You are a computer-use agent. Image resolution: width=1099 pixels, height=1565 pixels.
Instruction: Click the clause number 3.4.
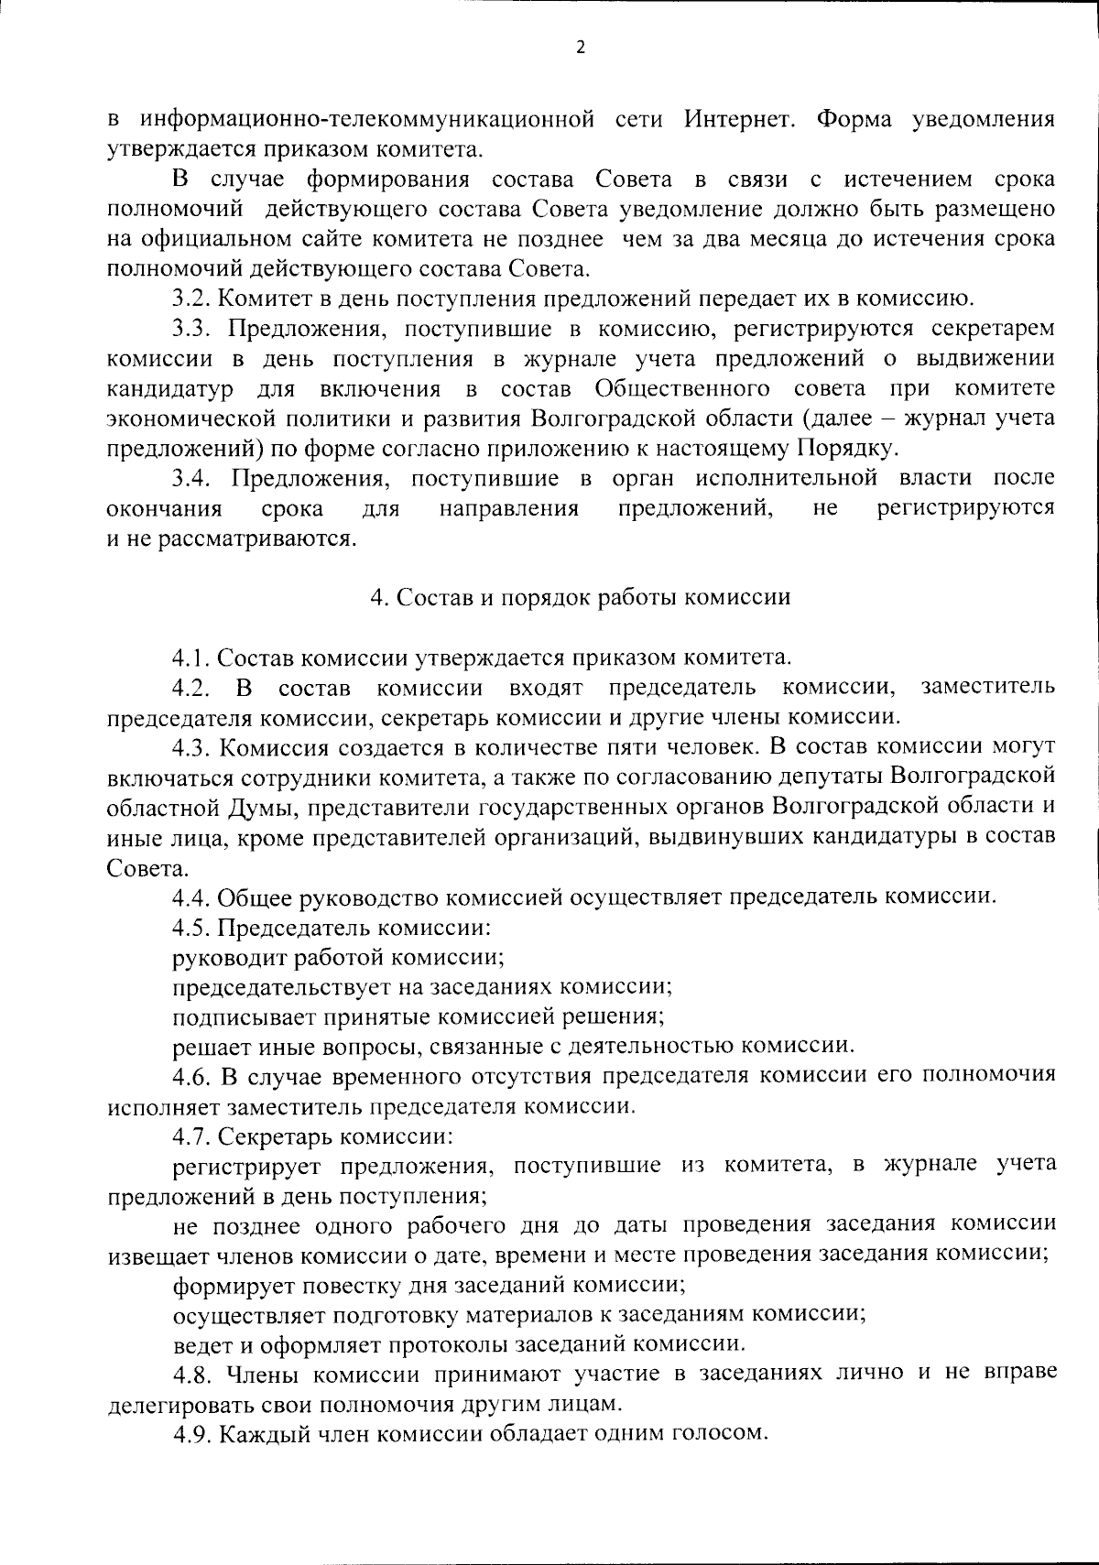pos(193,478)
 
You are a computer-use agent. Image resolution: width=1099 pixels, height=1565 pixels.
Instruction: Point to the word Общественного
pos(681,388)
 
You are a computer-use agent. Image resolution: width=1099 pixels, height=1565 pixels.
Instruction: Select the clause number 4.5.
pos(191,927)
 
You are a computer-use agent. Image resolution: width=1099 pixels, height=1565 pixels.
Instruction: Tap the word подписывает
pos(231,1016)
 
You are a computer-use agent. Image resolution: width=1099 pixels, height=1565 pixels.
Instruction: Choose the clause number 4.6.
pos(191,1074)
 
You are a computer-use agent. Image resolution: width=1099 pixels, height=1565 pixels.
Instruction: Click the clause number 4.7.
pos(191,1136)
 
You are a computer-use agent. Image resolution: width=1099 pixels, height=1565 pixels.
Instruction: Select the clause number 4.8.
pos(191,1373)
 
